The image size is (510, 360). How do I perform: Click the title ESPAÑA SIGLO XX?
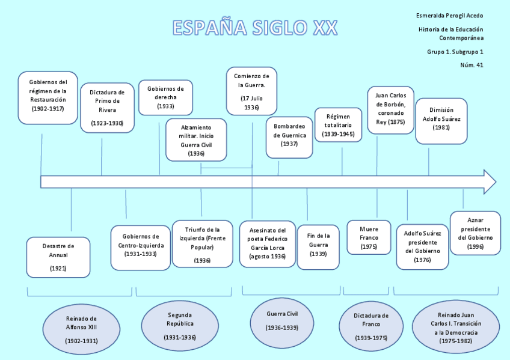(x=255, y=28)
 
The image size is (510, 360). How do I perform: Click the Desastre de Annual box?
(x=58, y=257)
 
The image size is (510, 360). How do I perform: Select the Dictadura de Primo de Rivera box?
(x=107, y=108)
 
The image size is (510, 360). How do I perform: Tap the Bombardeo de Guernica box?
(x=290, y=136)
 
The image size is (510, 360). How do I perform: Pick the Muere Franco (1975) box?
(x=369, y=237)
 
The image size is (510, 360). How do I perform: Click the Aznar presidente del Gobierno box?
(x=475, y=233)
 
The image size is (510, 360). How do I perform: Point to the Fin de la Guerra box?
(x=318, y=245)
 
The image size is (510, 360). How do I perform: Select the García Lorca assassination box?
(x=268, y=243)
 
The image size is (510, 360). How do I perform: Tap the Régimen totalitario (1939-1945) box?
(x=339, y=126)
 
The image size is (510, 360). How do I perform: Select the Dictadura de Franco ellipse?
(x=371, y=326)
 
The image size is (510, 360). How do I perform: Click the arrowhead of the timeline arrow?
(x=490, y=182)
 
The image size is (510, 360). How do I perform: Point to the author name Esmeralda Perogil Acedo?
(x=449, y=16)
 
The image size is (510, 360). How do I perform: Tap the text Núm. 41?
(x=472, y=65)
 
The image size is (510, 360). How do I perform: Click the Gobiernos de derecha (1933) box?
(x=165, y=97)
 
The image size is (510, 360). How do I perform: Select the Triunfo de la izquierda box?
(x=202, y=243)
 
